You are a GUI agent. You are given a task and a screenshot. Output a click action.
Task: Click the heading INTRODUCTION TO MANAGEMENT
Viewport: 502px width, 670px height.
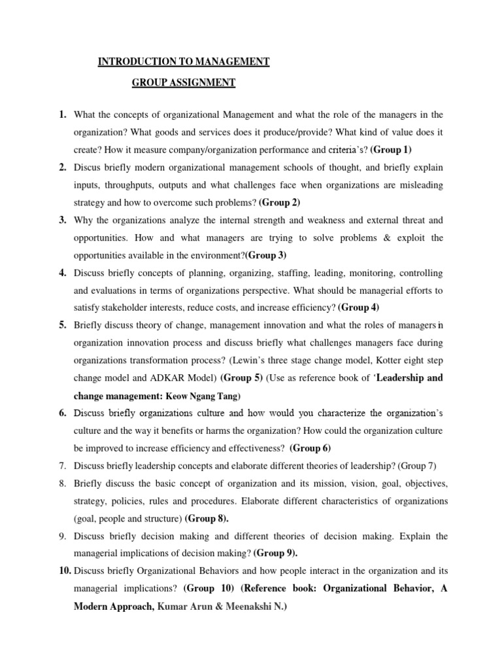pos(183,62)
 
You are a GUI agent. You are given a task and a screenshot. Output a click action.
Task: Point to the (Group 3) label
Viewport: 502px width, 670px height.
pos(265,255)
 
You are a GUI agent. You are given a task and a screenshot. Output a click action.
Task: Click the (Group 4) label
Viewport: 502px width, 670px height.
pos(359,307)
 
